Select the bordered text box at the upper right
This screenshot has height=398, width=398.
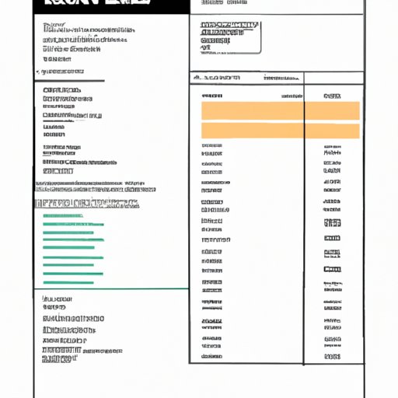[229, 36]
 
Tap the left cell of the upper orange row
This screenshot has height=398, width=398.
[253, 110]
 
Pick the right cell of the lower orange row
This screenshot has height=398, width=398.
[332, 131]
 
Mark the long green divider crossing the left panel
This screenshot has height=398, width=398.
[111, 288]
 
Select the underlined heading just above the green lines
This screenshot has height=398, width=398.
[87, 204]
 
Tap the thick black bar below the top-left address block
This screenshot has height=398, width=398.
[69, 79]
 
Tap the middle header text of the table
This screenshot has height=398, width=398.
[281, 78]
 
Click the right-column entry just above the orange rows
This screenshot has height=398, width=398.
[332, 95]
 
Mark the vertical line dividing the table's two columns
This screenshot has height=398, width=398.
[304, 218]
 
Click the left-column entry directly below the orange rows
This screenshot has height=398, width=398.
[211, 145]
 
